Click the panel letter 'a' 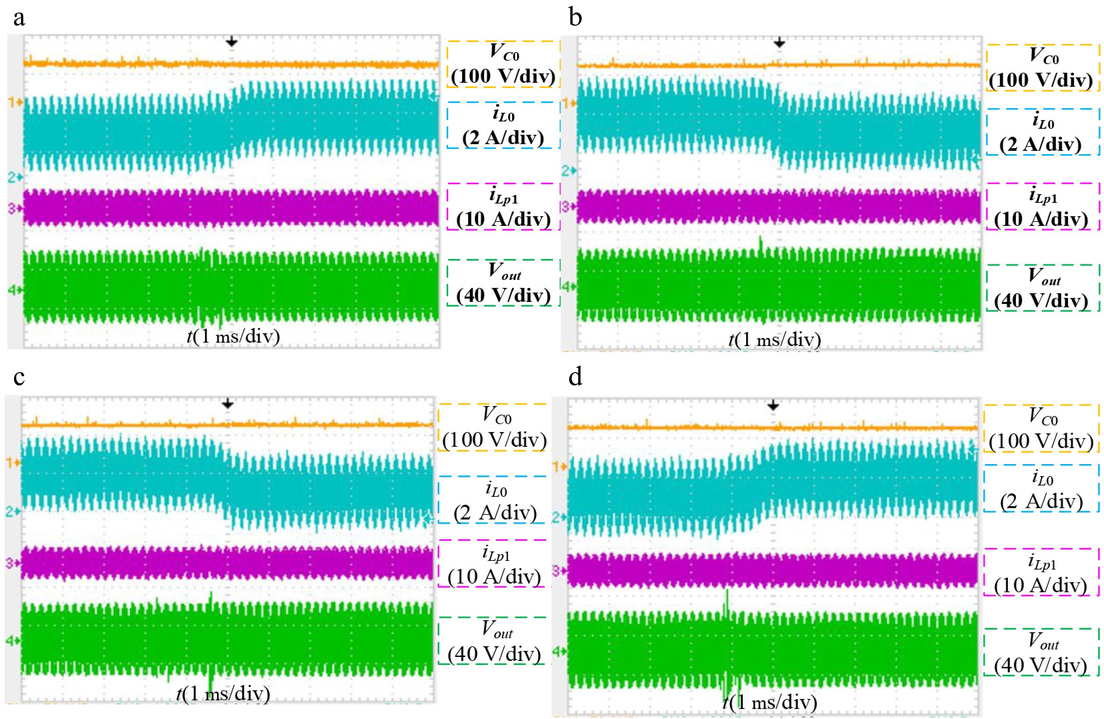19,19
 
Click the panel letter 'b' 575,19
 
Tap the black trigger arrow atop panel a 231,43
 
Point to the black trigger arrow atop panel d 773,406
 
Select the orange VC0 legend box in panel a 503,64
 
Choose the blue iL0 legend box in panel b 1043,132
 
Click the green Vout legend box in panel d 1041,652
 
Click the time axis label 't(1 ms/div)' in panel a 233,336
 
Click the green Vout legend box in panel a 503,283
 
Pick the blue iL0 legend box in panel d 1041,488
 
